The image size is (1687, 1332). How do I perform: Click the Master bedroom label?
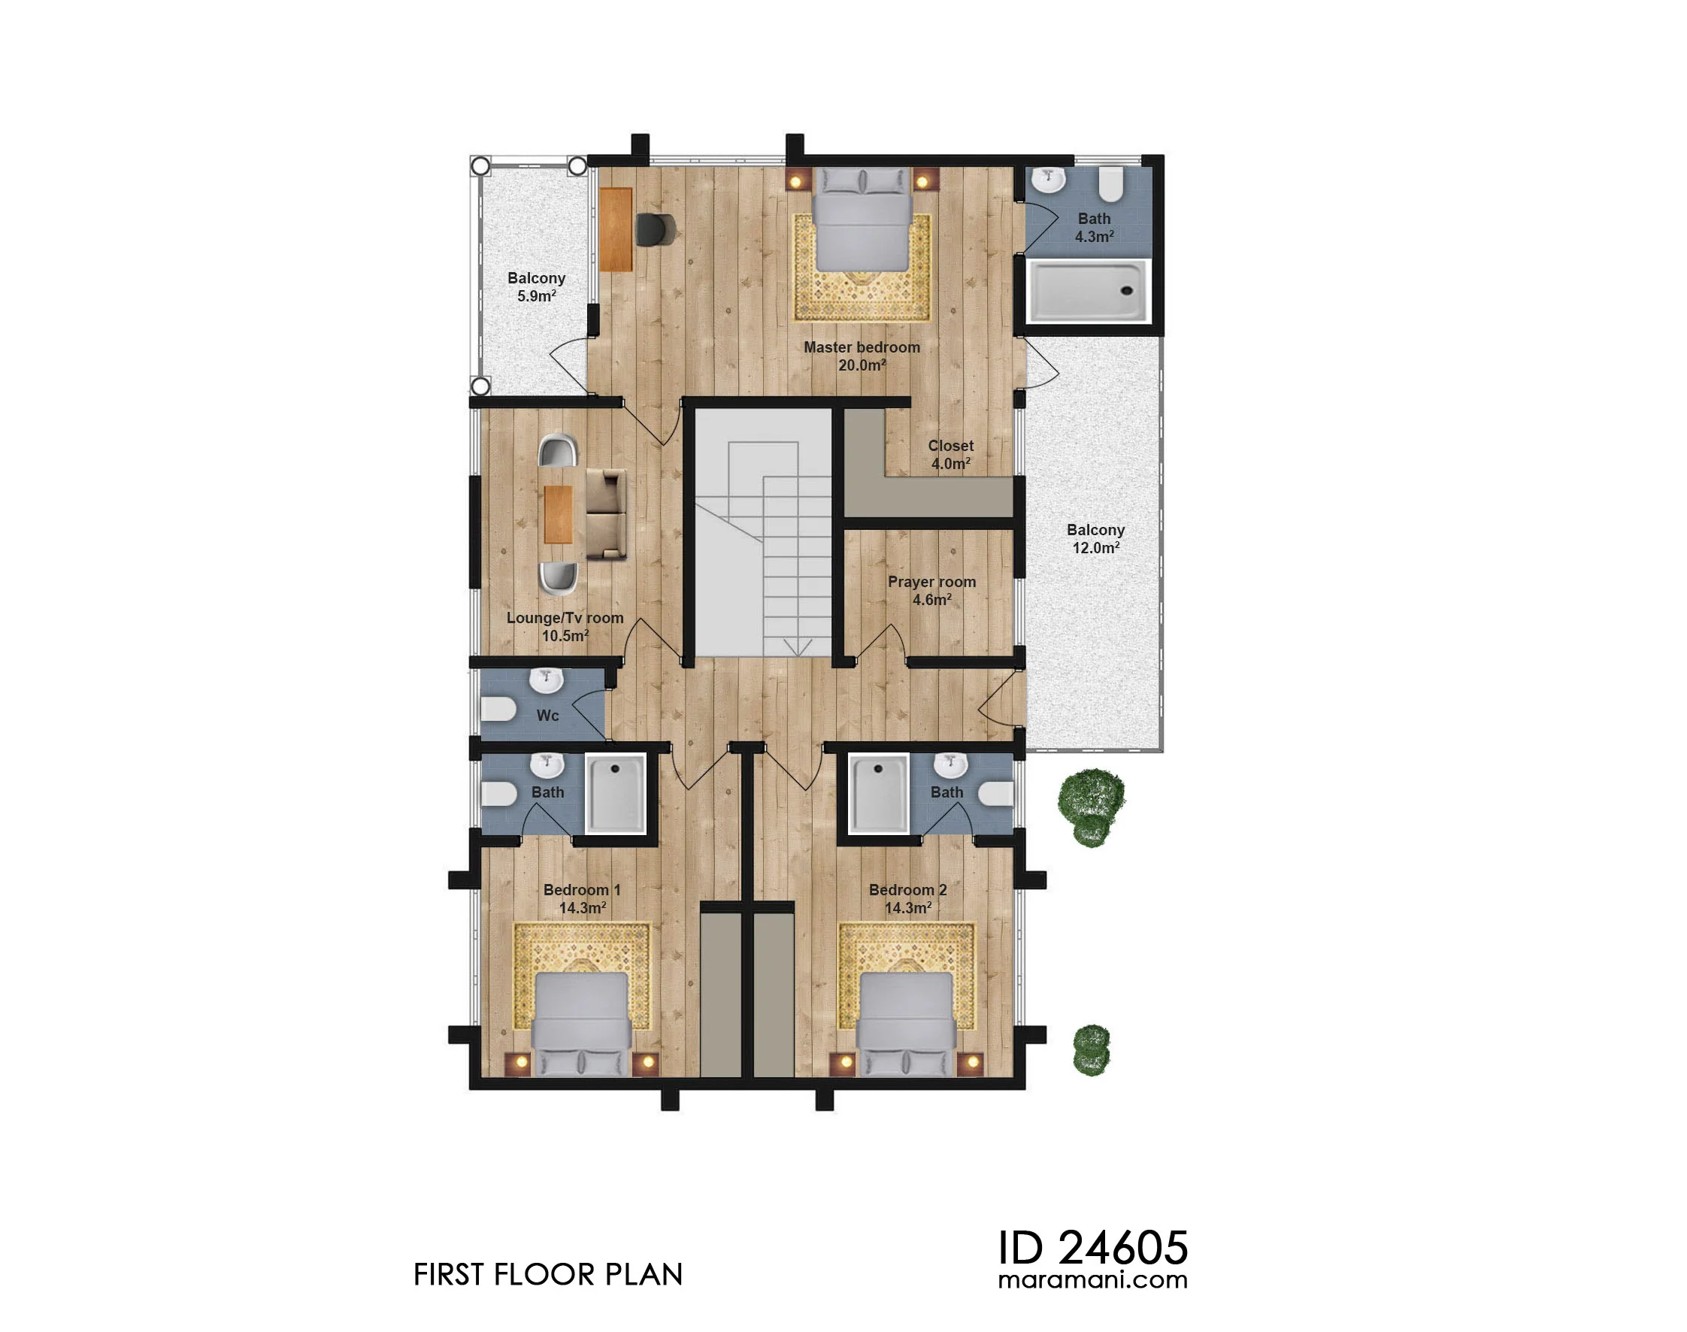coord(862,356)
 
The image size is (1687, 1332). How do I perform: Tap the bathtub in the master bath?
coord(1088,291)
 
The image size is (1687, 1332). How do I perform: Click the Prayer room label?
coord(931,590)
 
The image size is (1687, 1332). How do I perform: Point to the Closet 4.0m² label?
coord(951,454)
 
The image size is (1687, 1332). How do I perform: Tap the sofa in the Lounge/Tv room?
coord(606,514)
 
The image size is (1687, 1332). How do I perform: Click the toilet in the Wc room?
coord(498,710)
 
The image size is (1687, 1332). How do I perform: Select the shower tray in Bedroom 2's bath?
coord(879,794)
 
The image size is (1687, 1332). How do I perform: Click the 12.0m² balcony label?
coord(1096,539)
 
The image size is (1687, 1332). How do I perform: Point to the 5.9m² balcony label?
coord(537,287)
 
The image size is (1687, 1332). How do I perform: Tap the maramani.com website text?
coord(1092,1279)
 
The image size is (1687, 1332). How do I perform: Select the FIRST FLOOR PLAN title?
coord(547,1275)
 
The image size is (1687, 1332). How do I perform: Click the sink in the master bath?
coord(1049,180)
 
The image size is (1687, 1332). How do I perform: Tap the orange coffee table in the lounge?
coord(559,514)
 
